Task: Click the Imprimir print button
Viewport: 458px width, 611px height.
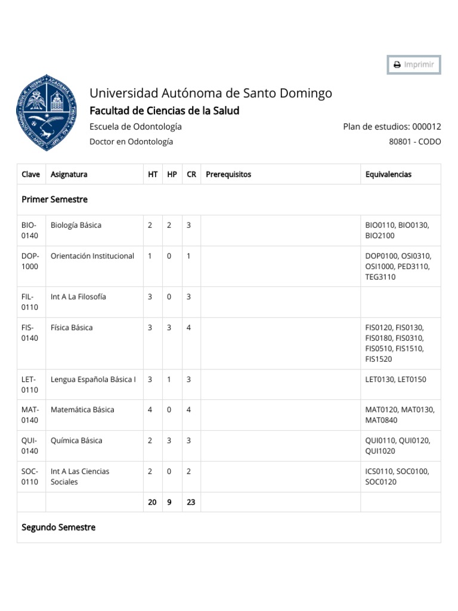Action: tap(414, 64)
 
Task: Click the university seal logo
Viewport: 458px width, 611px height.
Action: tap(47, 112)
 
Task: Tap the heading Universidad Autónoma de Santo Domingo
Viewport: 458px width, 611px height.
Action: tap(211, 93)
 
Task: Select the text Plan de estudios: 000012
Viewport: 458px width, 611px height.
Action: tap(392, 126)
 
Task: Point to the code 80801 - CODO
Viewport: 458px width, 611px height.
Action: tap(414, 142)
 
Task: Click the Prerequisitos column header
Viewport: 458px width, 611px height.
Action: tap(228, 174)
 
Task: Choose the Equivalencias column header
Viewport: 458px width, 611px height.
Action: tap(388, 174)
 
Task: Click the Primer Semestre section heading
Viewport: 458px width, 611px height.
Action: tap(55, 199)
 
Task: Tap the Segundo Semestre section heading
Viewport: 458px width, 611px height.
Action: tap(58, 527)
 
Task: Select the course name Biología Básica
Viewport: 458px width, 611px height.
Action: tap(76, 226)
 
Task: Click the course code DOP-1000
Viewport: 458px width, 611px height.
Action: tap(30, 261)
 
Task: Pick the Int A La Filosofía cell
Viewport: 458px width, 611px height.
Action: tap(79, 297)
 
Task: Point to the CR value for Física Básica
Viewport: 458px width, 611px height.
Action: tap(189, 328)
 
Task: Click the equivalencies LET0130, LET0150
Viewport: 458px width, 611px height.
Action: tap(395, 379)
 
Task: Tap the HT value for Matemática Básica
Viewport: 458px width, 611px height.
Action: tap(150, 410)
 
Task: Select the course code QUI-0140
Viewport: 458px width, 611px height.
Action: tap(30, 446)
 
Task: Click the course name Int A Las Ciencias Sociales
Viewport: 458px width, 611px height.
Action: tap(80, 476)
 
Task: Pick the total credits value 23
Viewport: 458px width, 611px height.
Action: tap(191, 502)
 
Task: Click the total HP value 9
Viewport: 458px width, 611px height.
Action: tap(169, 502)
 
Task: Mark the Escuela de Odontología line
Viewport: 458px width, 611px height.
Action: tap(135, 126)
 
